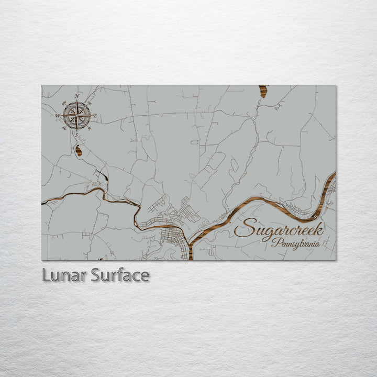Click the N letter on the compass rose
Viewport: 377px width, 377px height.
coord(77,96)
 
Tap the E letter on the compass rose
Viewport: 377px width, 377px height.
coord(95,116)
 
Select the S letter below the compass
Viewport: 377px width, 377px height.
coord(77,135)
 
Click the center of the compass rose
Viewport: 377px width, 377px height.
coord(77,116)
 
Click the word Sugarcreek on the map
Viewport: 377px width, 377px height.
coord(279,229)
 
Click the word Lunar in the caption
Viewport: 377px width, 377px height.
coord(64,275)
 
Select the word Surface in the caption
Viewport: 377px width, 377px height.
coord(120,275)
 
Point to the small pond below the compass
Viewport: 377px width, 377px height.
coord(79,151)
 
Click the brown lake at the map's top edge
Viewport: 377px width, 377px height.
coord(263,92)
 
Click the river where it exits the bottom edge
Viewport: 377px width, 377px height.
coord(190,257)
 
